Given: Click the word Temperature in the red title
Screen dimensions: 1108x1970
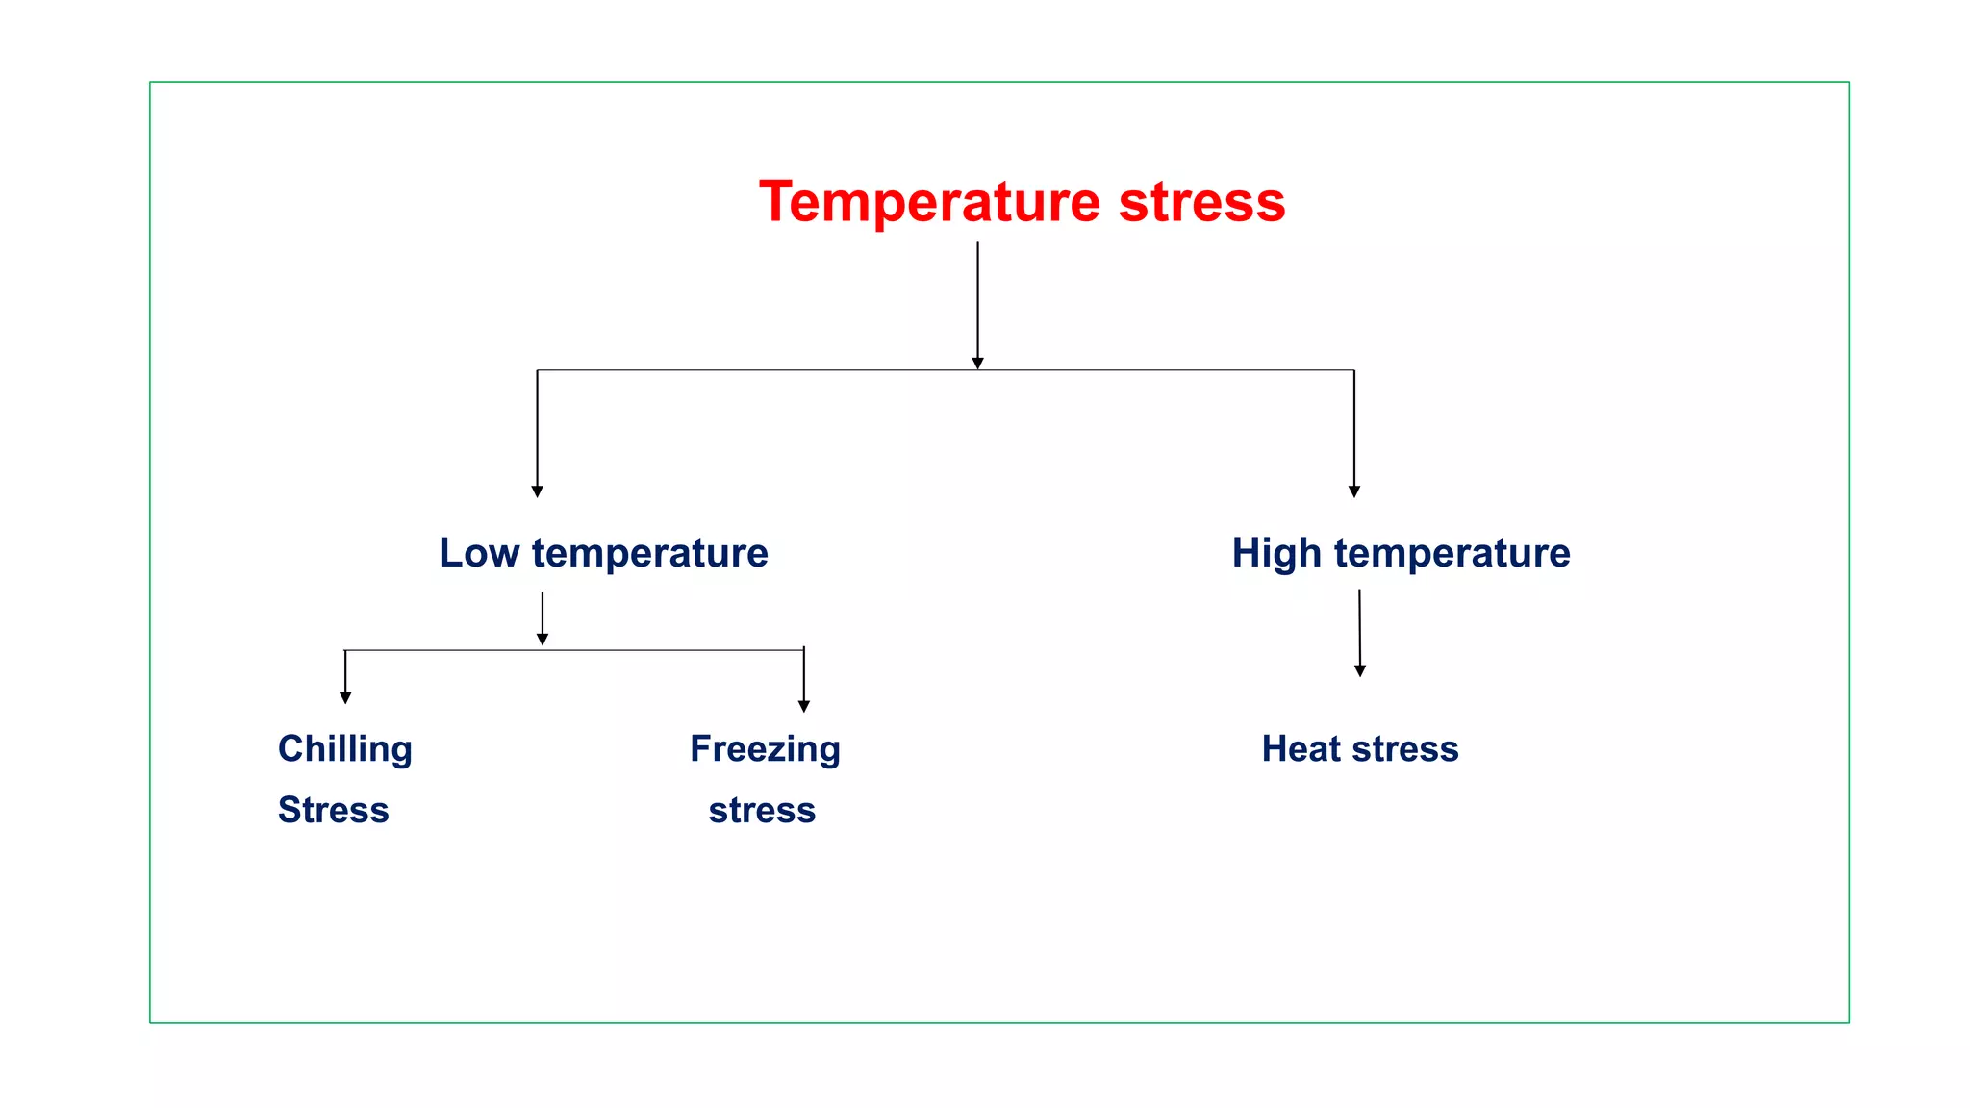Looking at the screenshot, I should tap(929, 203).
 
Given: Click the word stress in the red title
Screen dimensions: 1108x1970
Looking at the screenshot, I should tap(1201, 203).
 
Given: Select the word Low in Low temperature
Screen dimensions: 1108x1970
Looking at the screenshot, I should tap(479, 553).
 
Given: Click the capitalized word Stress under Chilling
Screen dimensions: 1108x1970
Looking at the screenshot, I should tap(334, 811).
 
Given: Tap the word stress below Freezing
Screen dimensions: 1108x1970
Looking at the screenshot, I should tap(762, 811).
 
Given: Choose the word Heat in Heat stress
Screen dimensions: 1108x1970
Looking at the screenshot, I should tap(1301, 749).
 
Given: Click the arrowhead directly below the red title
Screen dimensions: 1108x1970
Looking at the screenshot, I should tap(977, 364).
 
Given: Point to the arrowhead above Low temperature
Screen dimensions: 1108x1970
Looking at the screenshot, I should tap(537, 491).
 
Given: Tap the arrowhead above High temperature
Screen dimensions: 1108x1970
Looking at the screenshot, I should tap(1354, 491).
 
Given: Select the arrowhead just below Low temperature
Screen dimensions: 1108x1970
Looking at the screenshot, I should tap(543, 640).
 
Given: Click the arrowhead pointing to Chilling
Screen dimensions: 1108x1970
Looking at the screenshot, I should tap(345, 698).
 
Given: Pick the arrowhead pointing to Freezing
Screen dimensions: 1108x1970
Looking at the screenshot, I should tap(804, 707).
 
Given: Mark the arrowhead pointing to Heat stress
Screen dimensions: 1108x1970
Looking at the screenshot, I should tap(1360, 671).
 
